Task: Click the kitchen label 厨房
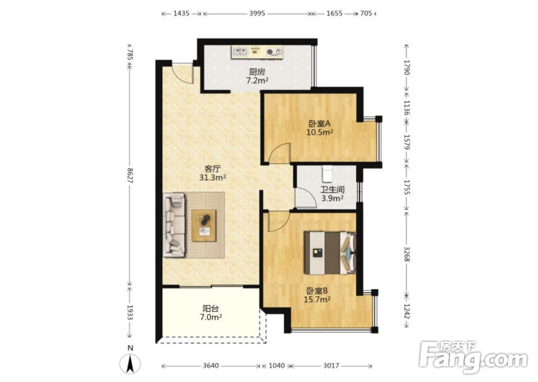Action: tap(257, 72)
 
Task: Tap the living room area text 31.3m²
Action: tap(213, 178)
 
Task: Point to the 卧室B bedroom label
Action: tap(317, 291)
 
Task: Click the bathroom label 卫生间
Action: tap(333, 190)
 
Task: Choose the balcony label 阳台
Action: tap(211, 309)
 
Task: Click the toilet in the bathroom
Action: tap(327, 173)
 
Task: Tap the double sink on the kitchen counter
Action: tap(241, 52)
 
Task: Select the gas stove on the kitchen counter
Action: tap(274, 52)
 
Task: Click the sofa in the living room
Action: tap(174, 225)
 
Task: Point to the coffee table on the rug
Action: tap(204, 225)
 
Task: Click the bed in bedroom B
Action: tap(330, 252)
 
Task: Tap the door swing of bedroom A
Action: tap(280, 153)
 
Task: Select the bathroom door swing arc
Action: tap(306, 197)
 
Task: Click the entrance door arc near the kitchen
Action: tap(182, 74)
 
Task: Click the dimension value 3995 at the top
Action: tap(257, 13)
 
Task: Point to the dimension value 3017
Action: tap(331, 366)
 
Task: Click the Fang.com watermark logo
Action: tap(473, 357)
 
